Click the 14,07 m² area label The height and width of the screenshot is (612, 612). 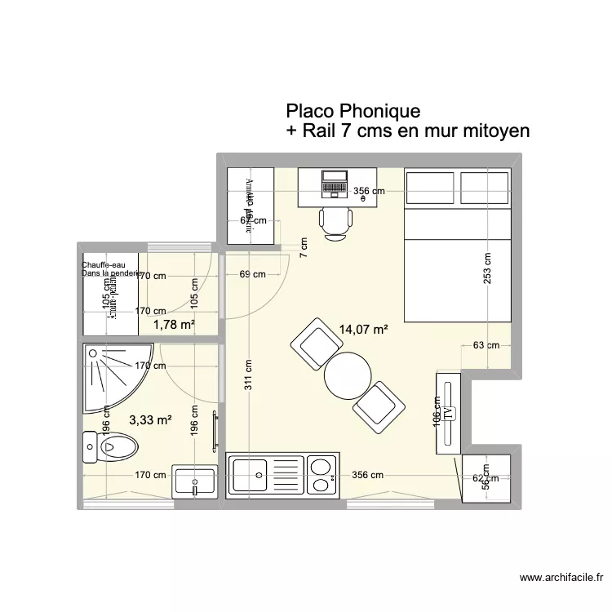click(x=362, y=330)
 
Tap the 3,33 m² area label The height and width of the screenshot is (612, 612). click(x=150, y=421)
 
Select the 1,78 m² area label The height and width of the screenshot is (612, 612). click(x=174, y=326)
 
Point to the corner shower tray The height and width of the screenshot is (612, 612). click(x=114, y=378)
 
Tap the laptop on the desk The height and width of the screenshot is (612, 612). click(x=335, y=184)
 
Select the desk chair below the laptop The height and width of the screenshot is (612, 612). click(x=335, y=221)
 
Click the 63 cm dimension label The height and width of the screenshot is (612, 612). click(x=486, y=345)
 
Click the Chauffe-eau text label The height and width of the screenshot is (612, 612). click(x=102, y=264)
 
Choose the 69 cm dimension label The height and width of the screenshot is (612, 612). click(x=254, y=275)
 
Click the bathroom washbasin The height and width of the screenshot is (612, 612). click(x=194, y=482)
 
